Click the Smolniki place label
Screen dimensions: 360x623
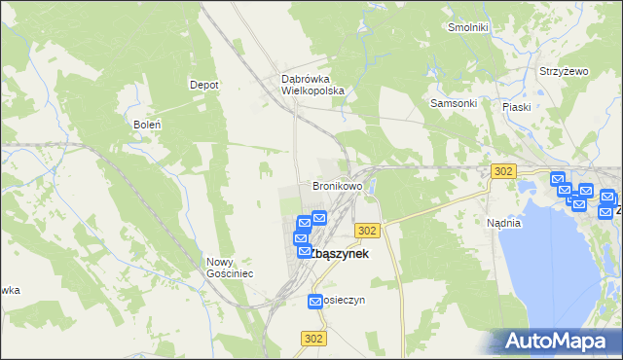[x=467, y=27]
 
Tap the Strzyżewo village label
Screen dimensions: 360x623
[x=565, y=72]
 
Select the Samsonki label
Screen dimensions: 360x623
[x=453, y=103]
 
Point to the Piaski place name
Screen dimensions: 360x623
[x=516, y=107]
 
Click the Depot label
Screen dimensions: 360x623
[x=203, y=85]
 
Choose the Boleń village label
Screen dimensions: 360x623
[x=146, y=125]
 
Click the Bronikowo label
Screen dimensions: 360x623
[x=337, y=185]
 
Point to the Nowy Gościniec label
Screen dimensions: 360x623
[x=230, y=268]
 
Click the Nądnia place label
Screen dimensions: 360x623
[x=504, y=223]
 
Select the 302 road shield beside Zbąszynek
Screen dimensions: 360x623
[x=367, y=230]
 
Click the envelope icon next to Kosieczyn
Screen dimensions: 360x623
[x=315, y=303]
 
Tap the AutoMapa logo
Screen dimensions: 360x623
[x=557, y=341]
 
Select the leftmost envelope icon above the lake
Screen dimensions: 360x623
[x=558, y=179]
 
